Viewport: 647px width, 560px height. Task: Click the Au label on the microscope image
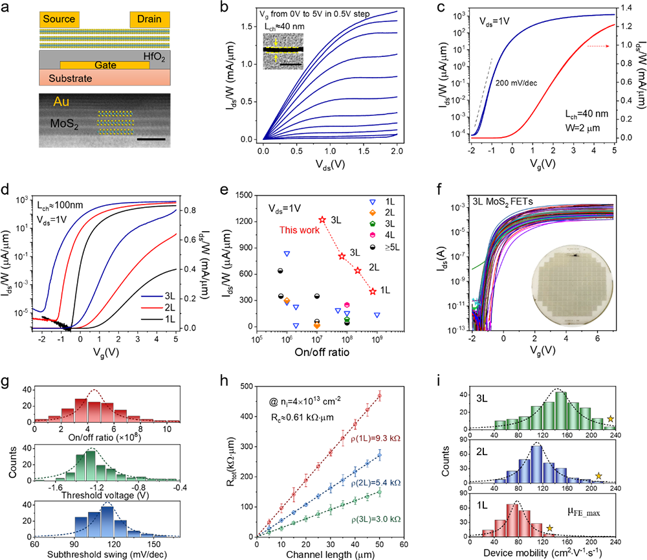[x=44, y=102]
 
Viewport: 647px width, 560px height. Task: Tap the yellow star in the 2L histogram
[x=598, y=477]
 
